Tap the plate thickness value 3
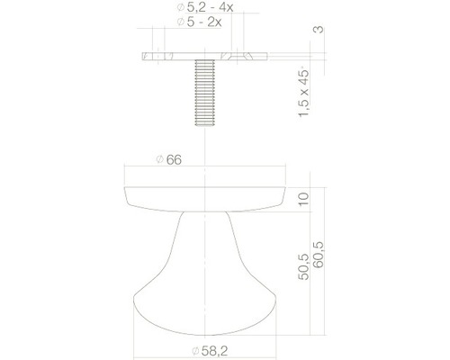point(318,31)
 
